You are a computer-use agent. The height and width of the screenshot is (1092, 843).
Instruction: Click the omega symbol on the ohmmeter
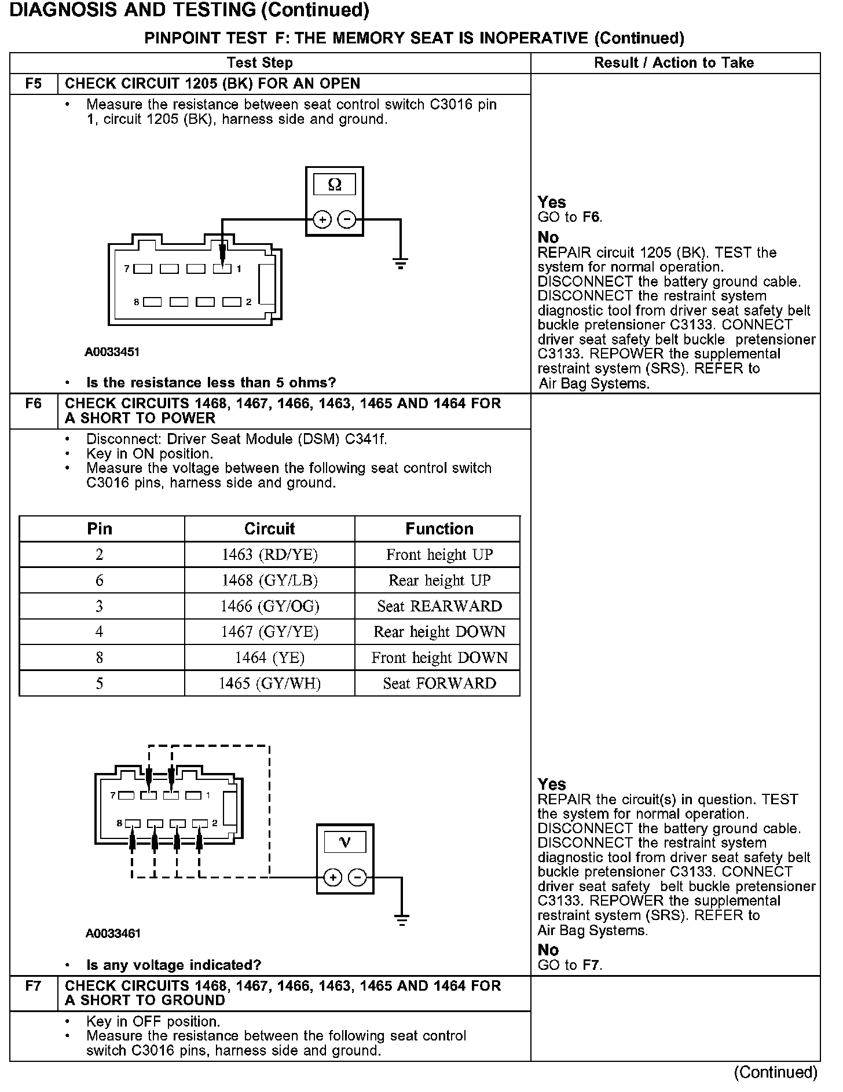(335, 185)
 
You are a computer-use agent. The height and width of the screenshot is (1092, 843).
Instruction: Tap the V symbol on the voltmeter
(345, 842)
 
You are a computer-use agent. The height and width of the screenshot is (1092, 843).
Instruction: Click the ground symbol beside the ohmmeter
(401, 263)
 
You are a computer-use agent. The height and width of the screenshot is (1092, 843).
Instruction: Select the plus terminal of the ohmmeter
(322, 220)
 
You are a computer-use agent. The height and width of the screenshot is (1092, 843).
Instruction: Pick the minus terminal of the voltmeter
(358, 878)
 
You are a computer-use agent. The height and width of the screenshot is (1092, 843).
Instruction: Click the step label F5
(34, 84)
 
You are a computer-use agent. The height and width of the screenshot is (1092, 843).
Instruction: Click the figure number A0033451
(112, 352)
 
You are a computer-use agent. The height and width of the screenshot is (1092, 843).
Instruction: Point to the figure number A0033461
(113, 933)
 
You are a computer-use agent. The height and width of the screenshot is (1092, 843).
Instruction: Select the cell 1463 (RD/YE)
(269, 555)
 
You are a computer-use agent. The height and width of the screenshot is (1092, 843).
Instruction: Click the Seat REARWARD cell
(439, 606)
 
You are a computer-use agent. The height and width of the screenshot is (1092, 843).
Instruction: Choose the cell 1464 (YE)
(269, 658)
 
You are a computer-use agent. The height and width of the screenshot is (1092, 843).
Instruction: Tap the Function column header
(439, 529)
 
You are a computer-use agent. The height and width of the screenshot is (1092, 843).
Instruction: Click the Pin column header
(100, 529)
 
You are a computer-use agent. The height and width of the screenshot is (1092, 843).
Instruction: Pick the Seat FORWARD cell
(439, 683)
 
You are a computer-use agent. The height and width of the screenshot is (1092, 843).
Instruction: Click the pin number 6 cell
(100, 580)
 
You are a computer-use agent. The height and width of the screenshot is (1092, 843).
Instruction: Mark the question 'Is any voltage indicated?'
(174, 965)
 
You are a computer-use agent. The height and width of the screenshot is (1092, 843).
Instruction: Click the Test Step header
(260, 63)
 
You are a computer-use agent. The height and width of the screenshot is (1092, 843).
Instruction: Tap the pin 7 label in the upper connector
(127, 269)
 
